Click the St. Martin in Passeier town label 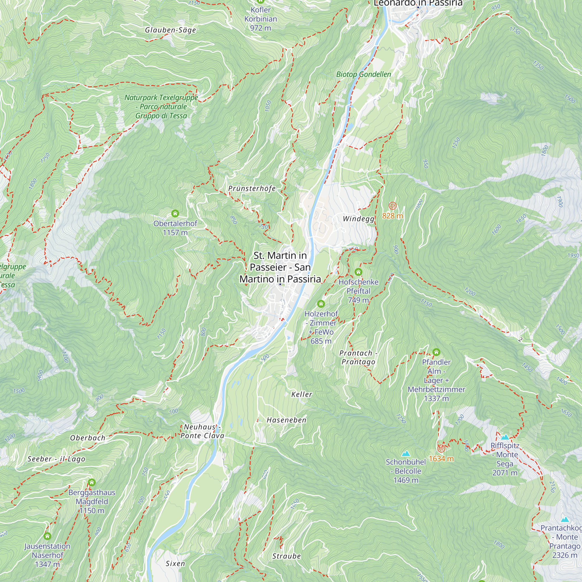click(280, 267)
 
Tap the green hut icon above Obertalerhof click(175, 214)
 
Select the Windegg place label click(359, 219)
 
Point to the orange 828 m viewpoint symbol click(392, 206)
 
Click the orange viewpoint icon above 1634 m click(441, 448)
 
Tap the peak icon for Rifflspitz click(505, 437)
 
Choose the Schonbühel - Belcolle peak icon click(406, 453)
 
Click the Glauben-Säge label click(171, 30)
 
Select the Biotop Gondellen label click(363, 74)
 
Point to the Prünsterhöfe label click(252, 189)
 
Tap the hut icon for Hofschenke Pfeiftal click(358, 272)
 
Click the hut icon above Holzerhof click(321, 304)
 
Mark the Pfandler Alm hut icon click(436, 352)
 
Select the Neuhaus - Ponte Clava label click(203, 431)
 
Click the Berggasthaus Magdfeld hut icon click(92, 482)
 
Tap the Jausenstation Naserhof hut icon click(47, 536)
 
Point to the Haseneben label click(286, 420)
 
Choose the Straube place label click(286, 556)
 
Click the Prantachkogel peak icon click(565, 520)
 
